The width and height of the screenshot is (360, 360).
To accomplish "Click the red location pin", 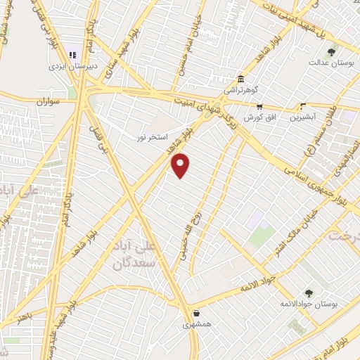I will click(x=181, y=165).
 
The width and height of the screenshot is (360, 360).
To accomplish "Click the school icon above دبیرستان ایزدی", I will click(x=72, y=55).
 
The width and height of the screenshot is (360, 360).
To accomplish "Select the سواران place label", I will click(x=46, y=101).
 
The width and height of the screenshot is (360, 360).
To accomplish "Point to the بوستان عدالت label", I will click(x=328, y=62).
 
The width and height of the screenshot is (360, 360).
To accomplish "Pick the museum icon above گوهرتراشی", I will click(x=241, y=78).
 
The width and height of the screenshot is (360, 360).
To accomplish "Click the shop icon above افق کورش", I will click(x=259, y=105).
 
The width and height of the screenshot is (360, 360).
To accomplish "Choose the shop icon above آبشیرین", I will click(x=303, y=106).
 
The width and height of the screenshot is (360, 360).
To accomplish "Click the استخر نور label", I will click(x=151, y=137).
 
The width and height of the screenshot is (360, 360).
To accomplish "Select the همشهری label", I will click(x=196, y=325).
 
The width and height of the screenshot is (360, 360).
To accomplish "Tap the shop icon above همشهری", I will click(x=195, y=313).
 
